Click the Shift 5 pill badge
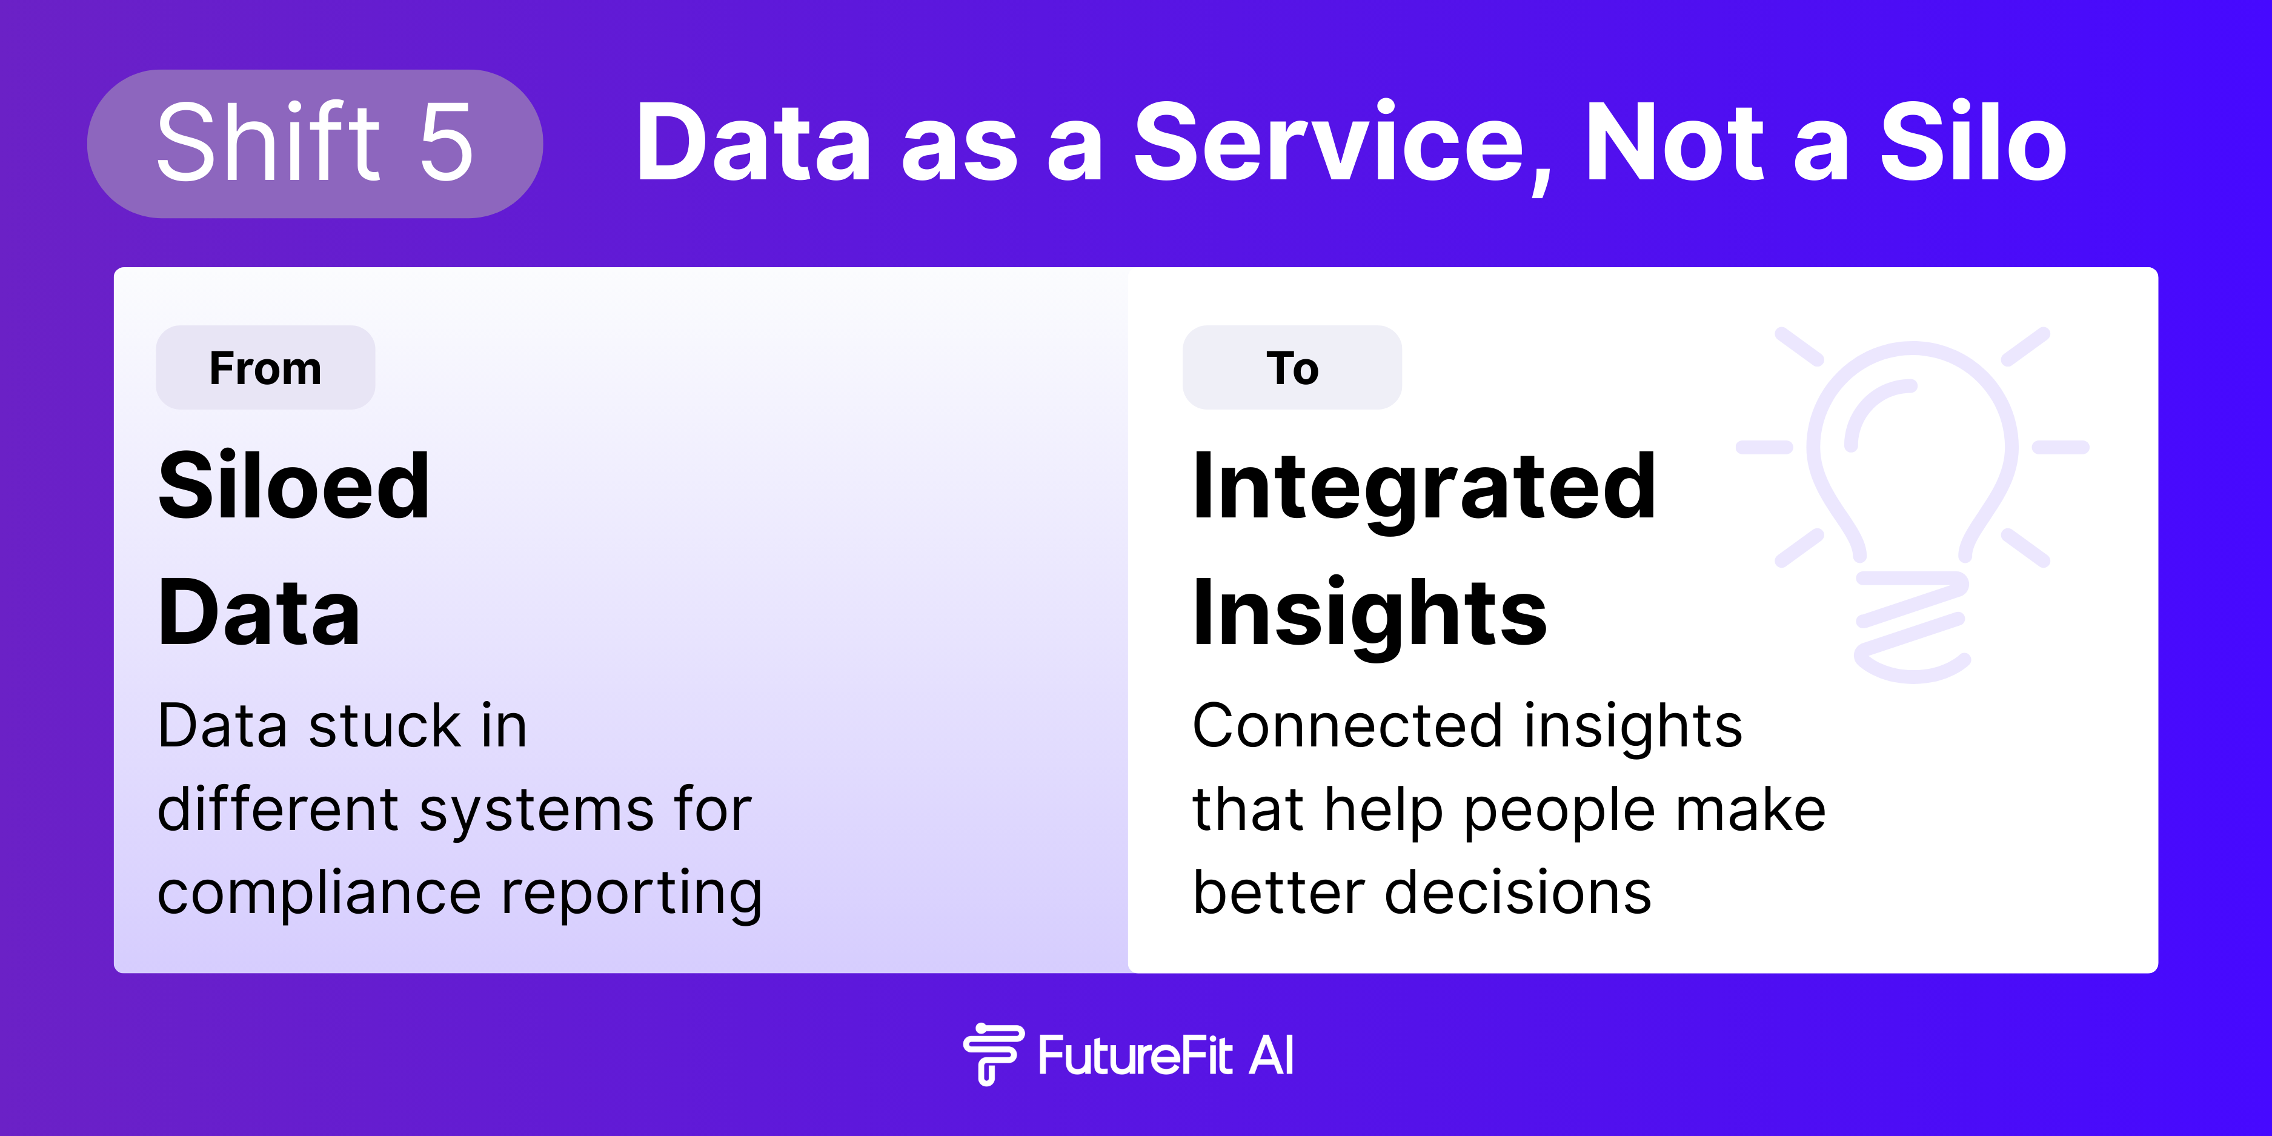[x=315, y=144]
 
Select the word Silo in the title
[x=1973, y=141]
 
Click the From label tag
[x=265, y=368]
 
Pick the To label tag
[x=1292, y=368]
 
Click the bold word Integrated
[x=1424, y=490]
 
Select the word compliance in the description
[x=319, y=894]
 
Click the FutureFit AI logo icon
[x=993, y=1054]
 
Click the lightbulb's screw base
[x=1912, y=627]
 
